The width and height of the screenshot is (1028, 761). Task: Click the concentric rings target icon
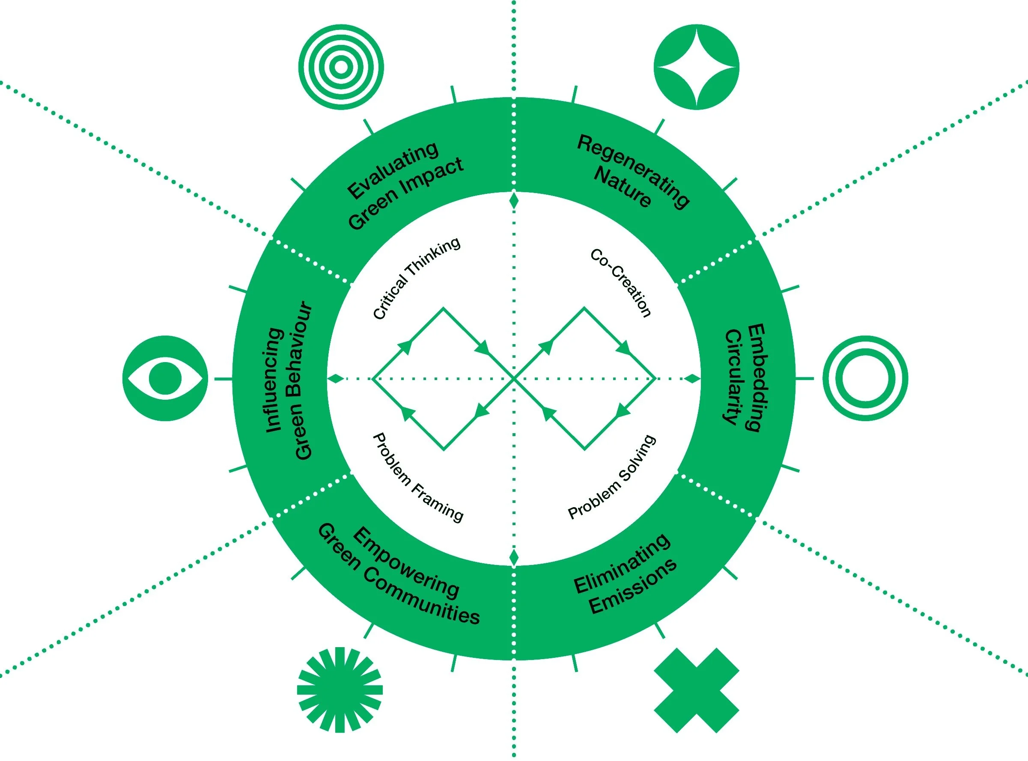coord(340,67)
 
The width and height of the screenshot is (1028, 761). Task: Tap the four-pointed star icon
coord(696,67)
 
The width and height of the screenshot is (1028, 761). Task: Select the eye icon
coord(165,378)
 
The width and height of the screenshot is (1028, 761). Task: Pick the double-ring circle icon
coord(865,378)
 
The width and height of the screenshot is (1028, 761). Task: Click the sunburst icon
coord(340,690)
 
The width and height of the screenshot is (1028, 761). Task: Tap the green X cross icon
coord(696,690)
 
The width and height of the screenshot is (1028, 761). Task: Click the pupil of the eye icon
coord(165,378)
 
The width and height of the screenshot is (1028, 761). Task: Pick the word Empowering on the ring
coord(405,562)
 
